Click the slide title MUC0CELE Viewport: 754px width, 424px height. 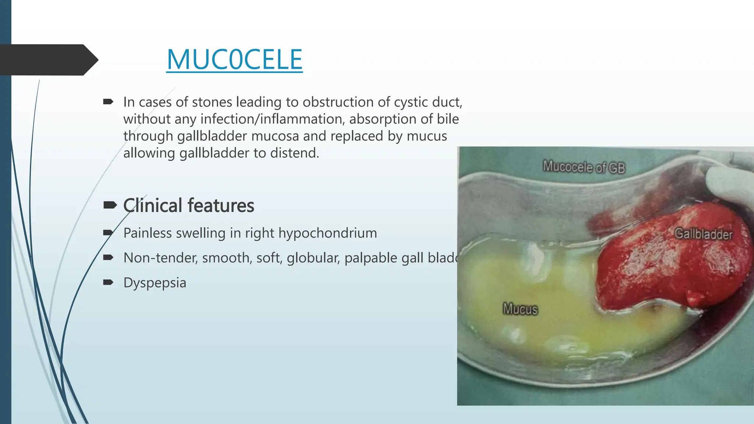(x=234, y=60)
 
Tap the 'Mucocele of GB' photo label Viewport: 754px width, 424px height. (x=584, y=167)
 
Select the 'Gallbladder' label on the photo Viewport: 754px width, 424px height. (x=703, y=234)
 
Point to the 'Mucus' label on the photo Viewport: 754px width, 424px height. (x=520, y=308)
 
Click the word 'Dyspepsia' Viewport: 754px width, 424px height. (x=155, y=283)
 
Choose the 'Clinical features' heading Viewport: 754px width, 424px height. (x=188, y=205)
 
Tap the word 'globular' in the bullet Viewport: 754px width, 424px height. (x=313, y=258)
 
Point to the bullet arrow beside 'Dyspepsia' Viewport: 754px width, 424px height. (x=108, y=282)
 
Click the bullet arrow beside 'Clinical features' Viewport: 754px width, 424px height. (x=110, y=205)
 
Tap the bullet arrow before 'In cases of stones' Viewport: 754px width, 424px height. (x=108, y=102)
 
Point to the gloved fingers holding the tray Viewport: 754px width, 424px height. (x=731, y=184)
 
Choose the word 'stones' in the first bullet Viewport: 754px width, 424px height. (x=212, y=102)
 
